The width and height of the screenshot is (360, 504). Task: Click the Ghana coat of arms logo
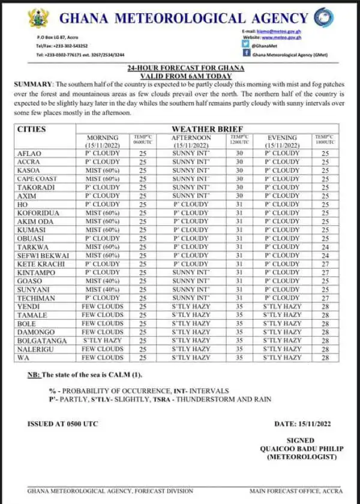(38, 19)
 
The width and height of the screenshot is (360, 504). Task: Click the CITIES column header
(31, 129)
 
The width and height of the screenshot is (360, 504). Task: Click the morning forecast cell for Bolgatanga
(102, 340)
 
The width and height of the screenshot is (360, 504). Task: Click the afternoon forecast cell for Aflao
(191, 154)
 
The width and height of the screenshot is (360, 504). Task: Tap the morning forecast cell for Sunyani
(102, 289)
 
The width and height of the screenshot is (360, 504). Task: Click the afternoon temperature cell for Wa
(239, 358)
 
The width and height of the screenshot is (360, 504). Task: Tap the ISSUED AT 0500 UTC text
(61, 424)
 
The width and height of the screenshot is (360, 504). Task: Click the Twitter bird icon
(246, 44)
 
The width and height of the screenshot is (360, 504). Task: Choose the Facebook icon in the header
(246, 53)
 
